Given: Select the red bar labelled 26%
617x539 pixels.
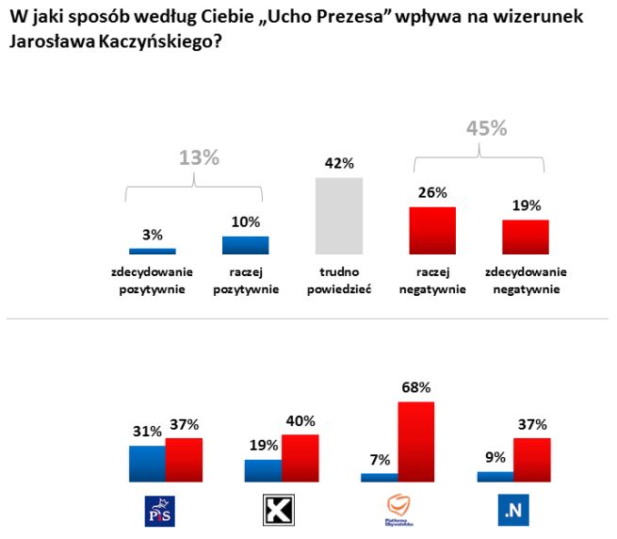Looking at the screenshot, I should pos(432,231).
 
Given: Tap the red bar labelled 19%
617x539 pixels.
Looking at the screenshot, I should pos(525,237).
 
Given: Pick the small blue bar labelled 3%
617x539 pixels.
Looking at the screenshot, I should pos(152,251).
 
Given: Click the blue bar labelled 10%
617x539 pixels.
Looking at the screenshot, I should pos(245,245).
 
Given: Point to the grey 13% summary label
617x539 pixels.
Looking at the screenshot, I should pos(199,158).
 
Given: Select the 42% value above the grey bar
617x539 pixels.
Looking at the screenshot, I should pos(339,164).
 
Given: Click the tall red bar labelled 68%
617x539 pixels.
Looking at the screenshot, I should pos(415,442).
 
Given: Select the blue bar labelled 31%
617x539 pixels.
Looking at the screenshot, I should pos(147,464).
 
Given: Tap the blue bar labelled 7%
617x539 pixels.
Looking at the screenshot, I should pos(379,478).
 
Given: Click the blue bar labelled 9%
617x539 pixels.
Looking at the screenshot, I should pos(495,477).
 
